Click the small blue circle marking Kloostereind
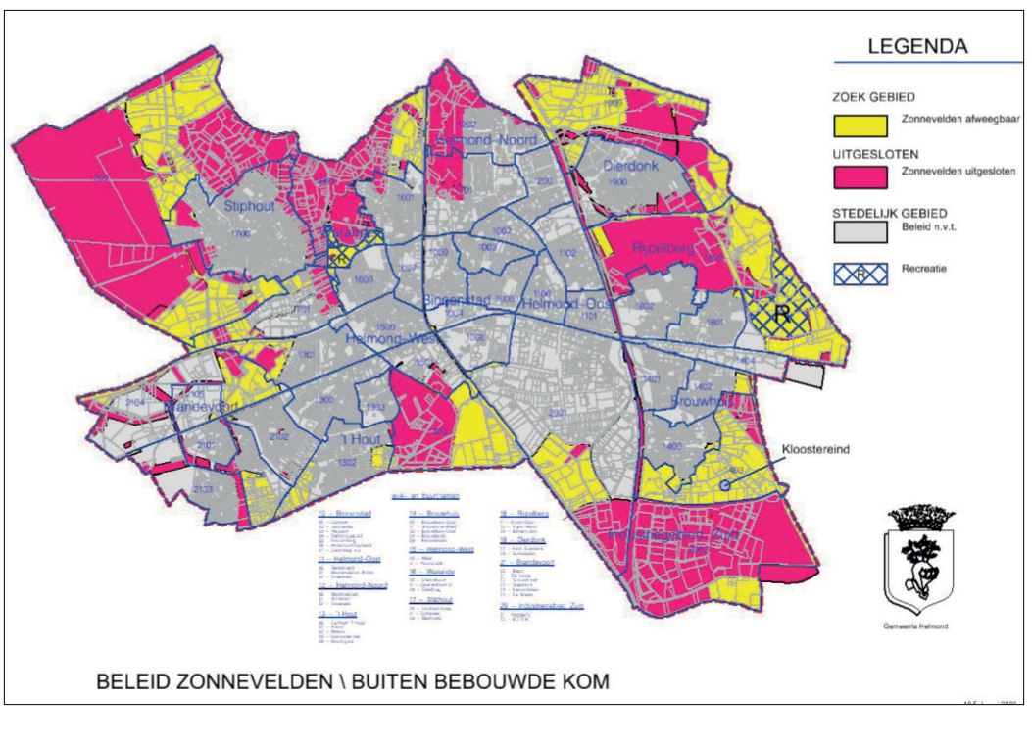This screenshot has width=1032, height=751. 724,484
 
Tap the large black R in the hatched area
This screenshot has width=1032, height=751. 781,315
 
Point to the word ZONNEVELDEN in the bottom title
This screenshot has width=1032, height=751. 249,681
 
